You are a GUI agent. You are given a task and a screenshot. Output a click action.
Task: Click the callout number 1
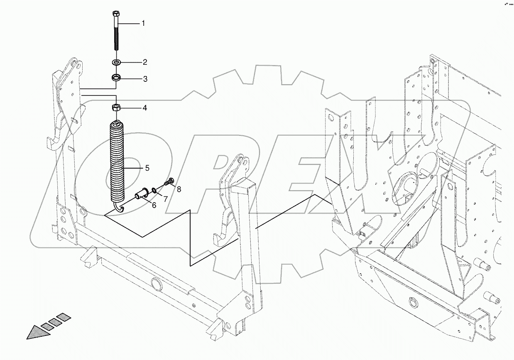click(x=143, y=24)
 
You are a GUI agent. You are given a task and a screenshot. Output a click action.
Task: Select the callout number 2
click(x=145, y=63)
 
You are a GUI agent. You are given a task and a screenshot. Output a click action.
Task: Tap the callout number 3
click(x=145, y=79)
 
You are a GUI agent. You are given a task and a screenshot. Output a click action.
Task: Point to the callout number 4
click(x=144, y=108)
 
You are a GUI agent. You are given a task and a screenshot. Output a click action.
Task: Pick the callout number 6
click(x=154, y=205)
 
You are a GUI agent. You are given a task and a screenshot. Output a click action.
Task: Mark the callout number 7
click(x=165, y=199)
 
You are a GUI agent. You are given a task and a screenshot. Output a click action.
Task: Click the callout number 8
click(x=179, y=189)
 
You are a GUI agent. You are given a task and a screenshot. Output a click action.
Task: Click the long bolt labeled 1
click(x=116, y=35)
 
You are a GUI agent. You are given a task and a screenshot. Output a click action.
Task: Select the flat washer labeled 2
click(x=116, y=63)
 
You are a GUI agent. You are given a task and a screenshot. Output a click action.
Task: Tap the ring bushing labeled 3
click(x=116, y=78)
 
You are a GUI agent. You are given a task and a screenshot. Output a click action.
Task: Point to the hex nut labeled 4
click(x=116, y=108)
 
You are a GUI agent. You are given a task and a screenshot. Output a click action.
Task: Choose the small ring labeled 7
click(x=154, y=190)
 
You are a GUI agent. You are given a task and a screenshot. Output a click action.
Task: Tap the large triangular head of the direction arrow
click(x=36, y=332)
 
